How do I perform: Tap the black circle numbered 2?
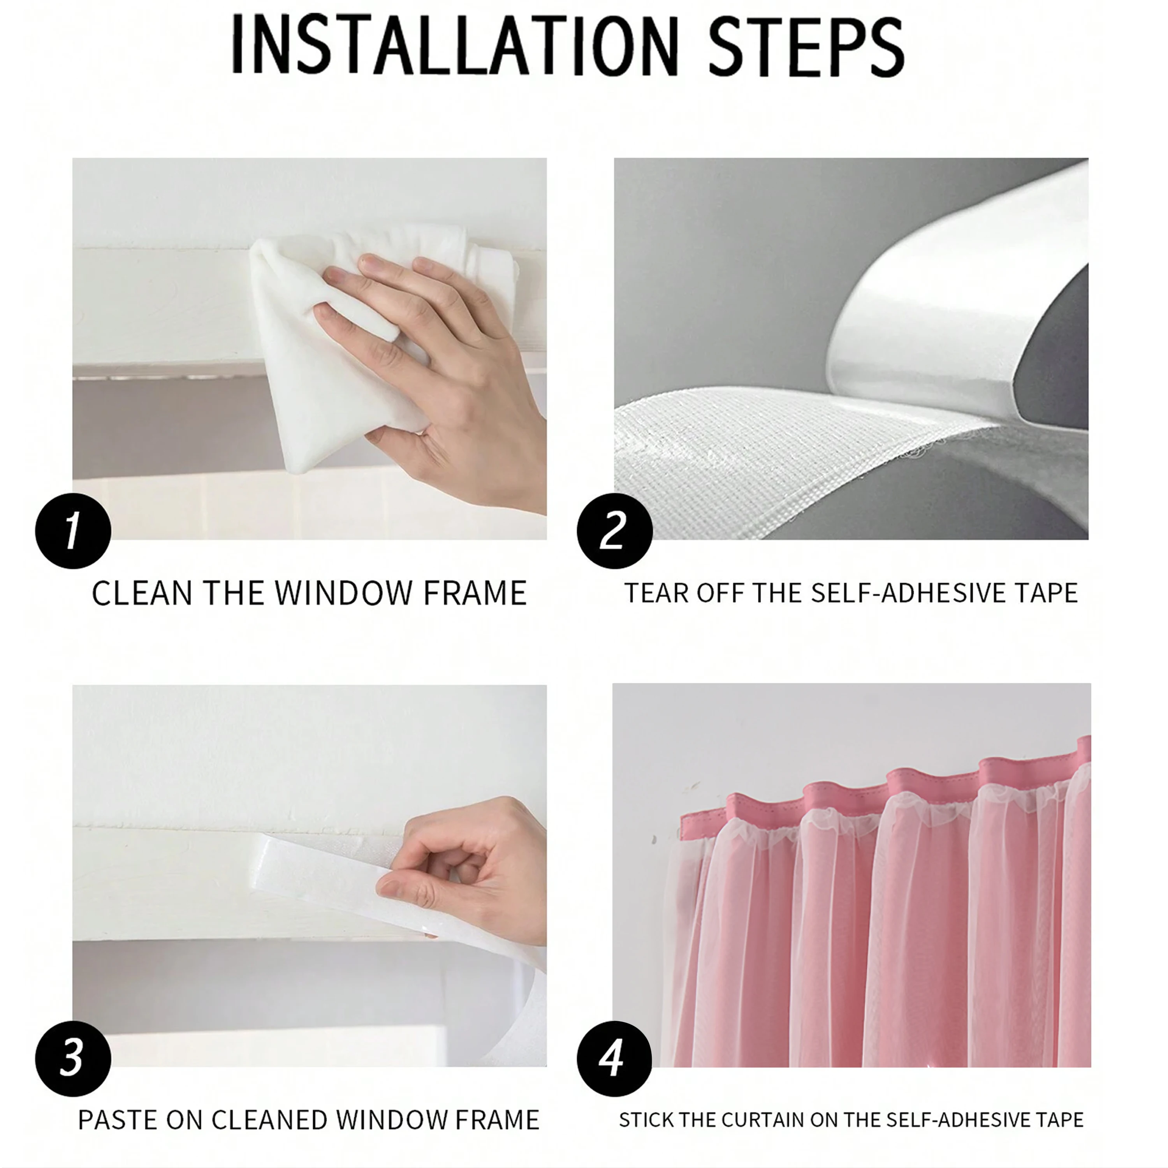[x=614, y=531]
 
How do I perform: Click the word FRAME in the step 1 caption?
[x=475, y=593]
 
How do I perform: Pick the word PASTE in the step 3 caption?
[x=118, y=1120]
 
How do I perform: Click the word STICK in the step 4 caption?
[x=646, y=1120]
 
